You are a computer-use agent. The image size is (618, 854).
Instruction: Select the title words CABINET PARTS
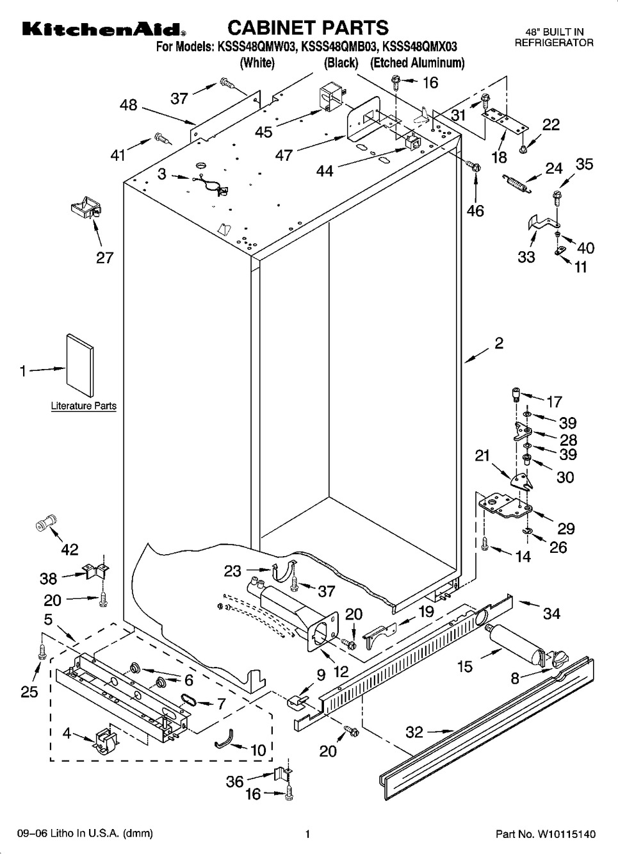tap(308, 28)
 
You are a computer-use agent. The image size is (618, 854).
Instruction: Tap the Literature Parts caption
tap(84, 406)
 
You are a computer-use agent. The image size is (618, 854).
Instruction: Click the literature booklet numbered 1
tap(80, 366)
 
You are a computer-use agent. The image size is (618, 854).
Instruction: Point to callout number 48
tap(129, 104)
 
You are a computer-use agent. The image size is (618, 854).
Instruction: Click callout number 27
tap(104, 258)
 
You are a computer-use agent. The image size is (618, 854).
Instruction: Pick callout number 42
tap(69, 549)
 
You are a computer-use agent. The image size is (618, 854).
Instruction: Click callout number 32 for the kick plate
tap(414, 731)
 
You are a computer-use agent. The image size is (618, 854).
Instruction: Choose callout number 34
tap(551, 614)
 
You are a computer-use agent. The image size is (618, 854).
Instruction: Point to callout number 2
tap(499, 343)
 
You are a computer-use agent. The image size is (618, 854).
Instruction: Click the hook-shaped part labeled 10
tap(222, 741)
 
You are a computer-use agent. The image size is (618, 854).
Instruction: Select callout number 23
tap(232, 570)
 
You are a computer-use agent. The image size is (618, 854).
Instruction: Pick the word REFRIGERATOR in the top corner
tap(554, 43)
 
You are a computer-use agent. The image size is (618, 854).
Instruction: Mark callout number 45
tap(263, 131)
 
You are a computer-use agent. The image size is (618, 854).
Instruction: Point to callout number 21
tap(482, 456)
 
